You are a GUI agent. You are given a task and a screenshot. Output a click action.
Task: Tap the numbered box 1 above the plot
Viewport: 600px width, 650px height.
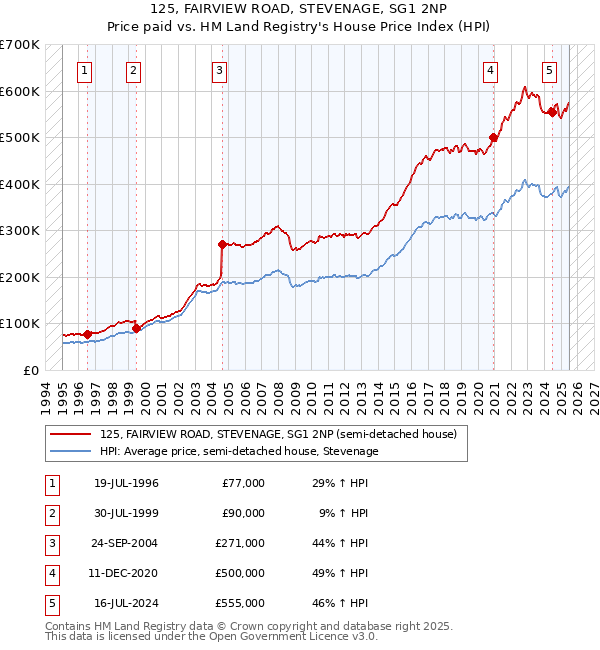pyautogui.click(x=85, y=70)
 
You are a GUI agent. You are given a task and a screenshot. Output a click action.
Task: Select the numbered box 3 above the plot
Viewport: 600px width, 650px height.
pyautogui.click(x=219, y=70)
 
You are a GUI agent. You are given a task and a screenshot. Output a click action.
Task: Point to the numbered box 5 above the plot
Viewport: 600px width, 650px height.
pyautogui.click(x=550, y=70)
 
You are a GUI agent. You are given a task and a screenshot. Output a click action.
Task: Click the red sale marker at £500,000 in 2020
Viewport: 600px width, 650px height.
pyautogui.click(x=493, y=137)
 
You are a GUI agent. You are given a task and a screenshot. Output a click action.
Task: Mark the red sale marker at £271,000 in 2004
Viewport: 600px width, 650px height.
pyautogui.click(x=222, y=243)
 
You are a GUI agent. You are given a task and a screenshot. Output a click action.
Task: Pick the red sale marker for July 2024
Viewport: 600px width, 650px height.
pyautogui.click(x=552, y=112)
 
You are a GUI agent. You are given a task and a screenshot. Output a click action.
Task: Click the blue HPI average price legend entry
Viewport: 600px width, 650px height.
pyautogui.click(x=239, y=451)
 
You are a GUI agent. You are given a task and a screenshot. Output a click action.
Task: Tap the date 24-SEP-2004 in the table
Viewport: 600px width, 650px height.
pyautogui.click(x=126, y=543)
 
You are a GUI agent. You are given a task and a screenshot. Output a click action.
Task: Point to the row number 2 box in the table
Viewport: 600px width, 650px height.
pyautogui.click(x=50, y=513)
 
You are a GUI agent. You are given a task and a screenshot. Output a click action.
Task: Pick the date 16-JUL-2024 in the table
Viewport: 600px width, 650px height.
pyautogui.click(x=126, y=603)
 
